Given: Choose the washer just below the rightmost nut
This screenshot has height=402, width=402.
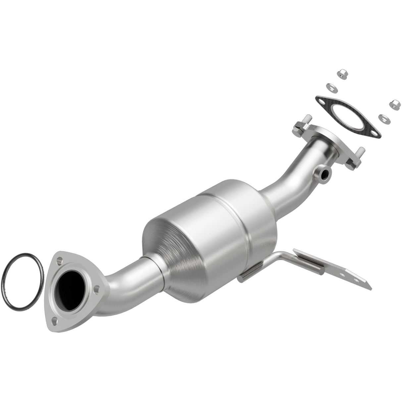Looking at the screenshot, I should [383, 117].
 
